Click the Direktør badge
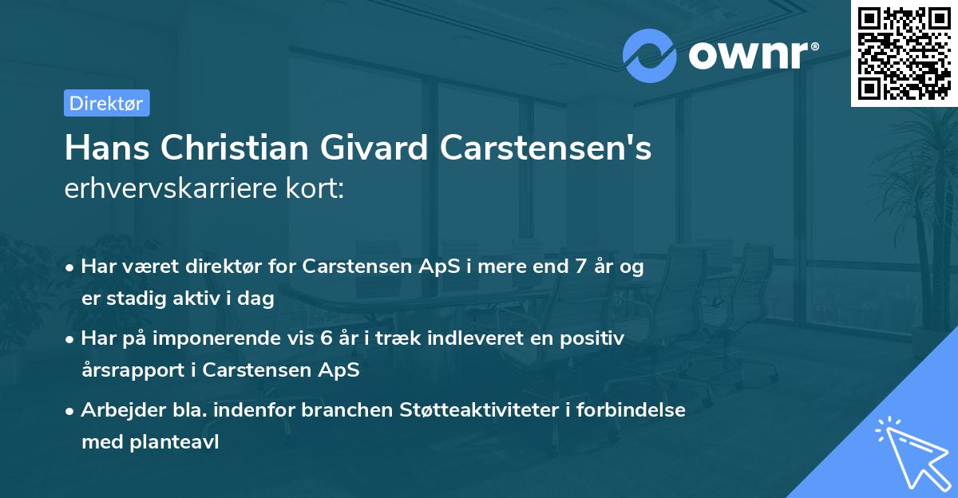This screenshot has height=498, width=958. (106, 103)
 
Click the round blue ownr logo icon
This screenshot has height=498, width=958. (650, 55)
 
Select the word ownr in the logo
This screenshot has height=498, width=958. (751, 55)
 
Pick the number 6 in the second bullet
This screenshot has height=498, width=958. (326, 338)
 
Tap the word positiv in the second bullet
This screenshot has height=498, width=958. (595, 338)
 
